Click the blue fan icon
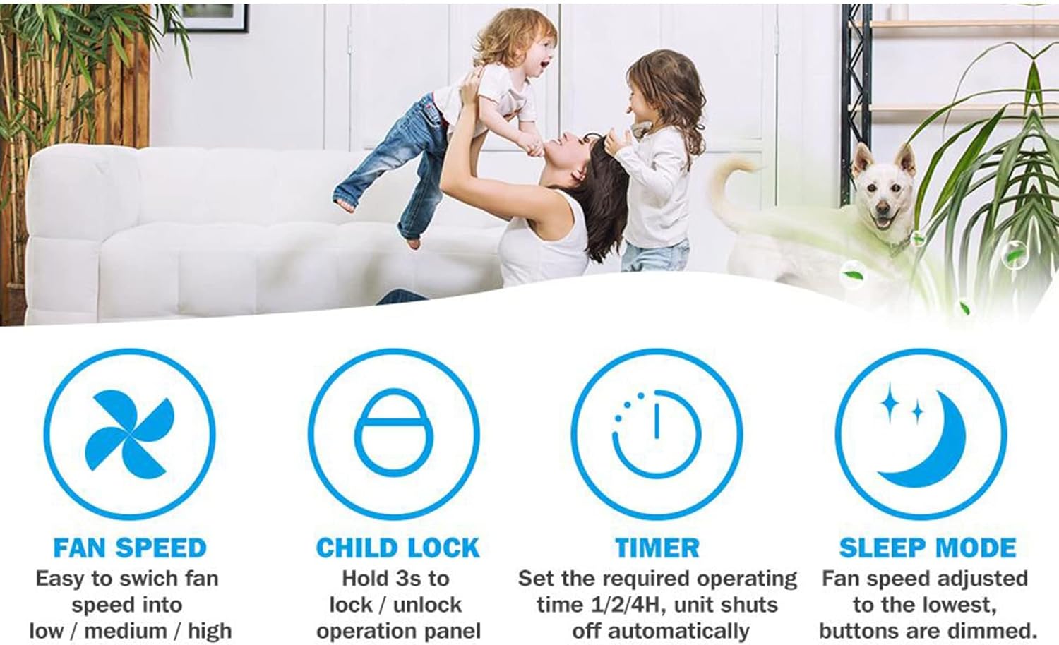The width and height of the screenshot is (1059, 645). click(x=129, y=434)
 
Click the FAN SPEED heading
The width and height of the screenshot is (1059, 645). click(x=129, y=548)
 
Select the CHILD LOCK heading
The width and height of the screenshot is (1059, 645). click(x=397, y=548)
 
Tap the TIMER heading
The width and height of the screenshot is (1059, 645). click(x=657, y=548)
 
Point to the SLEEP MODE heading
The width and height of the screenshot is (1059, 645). click(x=927, y=548)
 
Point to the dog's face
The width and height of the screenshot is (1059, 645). click(x=882, y=194)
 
